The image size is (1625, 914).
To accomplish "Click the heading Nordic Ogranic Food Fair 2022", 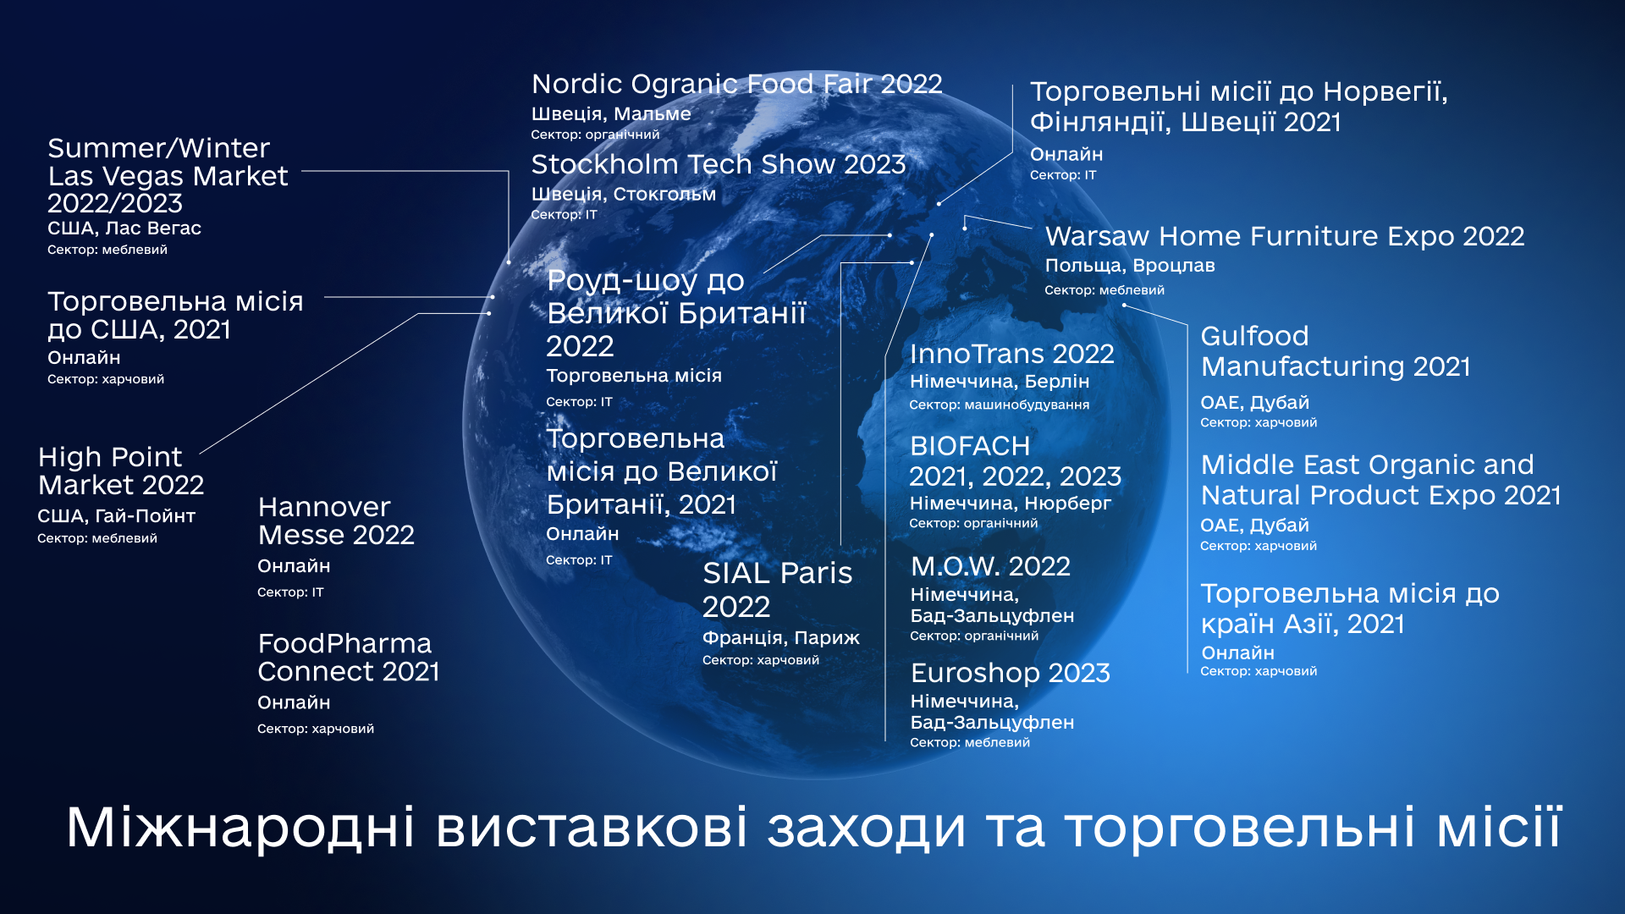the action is coord(736,85).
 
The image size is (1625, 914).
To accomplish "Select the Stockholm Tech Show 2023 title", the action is coord(719,164).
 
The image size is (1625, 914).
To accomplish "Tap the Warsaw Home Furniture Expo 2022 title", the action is coord(1285,236).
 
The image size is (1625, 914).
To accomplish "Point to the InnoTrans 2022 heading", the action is coord(1011,354).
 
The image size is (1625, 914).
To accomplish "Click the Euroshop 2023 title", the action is coord(1011,673).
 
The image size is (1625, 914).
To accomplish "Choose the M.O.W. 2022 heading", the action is coord(990,566).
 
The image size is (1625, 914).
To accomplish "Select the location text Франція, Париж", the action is coord(781,638).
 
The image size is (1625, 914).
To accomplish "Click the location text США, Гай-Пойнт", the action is coord(117,516).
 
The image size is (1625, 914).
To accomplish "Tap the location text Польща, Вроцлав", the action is coord(1130,266).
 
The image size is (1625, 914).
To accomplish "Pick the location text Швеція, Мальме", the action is coord(611,113).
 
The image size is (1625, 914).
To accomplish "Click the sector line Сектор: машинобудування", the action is coord(1000,405).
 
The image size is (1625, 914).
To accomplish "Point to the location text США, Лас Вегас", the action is coord(124,228).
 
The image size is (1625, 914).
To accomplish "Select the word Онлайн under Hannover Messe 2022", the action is coord(294,566).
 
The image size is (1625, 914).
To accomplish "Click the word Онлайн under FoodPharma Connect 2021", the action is coord(294,702).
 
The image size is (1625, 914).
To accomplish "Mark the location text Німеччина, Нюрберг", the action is coord(1011,504).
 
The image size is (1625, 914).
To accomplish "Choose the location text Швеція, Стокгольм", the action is coord(624,195).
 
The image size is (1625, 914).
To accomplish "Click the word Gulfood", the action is coord(1254,337).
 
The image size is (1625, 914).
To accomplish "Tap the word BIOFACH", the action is coord(970,446).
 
